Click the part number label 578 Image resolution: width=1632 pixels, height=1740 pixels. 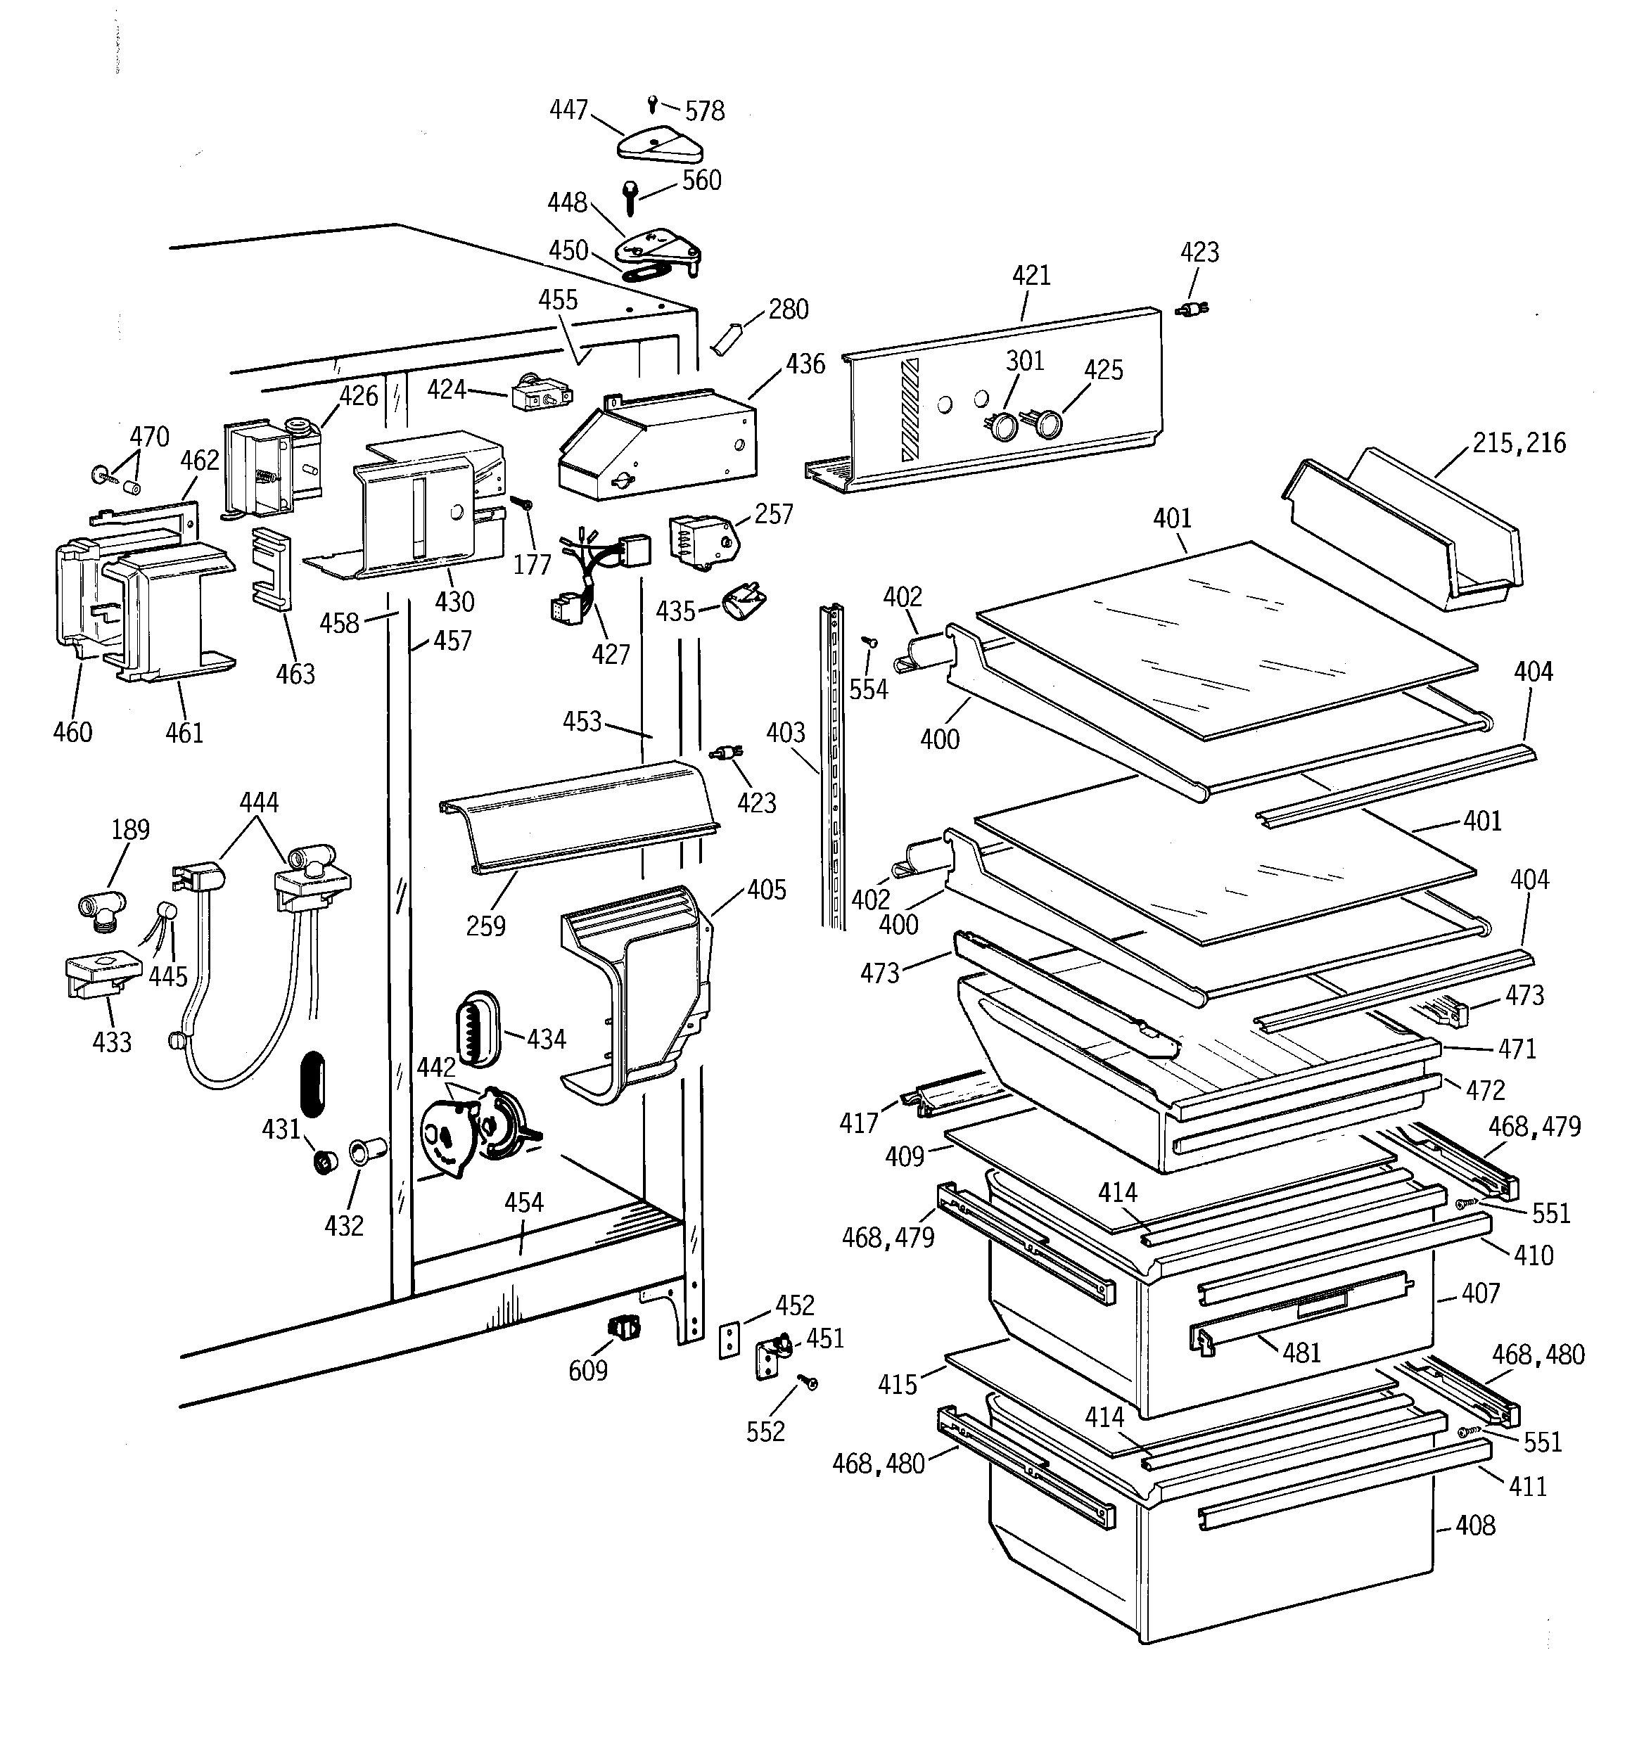pos(705,111)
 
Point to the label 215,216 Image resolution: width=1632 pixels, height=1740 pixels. pos(1519,443)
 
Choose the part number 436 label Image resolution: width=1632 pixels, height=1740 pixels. pos(805,364)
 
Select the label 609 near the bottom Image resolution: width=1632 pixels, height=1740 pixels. pos(587,1370)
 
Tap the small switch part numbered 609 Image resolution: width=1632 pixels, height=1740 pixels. pos(624,1329)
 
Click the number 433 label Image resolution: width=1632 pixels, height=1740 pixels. pos(112,1042)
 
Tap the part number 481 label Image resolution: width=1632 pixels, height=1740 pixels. pos(1301,1352)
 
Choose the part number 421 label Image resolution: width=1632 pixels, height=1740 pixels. pos(1031,276)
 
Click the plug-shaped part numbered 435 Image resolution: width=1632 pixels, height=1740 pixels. pos(746,602)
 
